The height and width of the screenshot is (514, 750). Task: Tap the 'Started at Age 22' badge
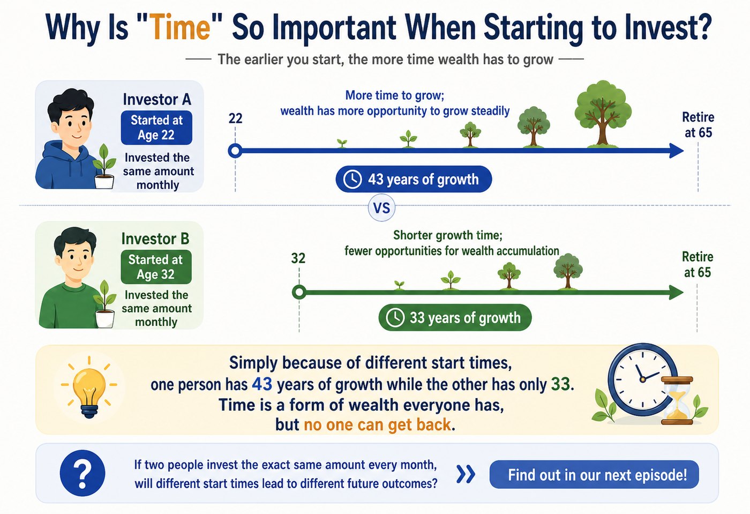pyautogui.click(x=156, y=128)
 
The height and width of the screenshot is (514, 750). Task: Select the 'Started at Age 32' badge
pyautogui.click(x=156, y=267)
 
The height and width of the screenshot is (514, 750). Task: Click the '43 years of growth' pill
pyautogui.click(x=414, y=179)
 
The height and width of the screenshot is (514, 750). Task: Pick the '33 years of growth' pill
pyautogui.click(x=455, y=317)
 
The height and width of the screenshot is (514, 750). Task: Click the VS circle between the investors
pyautogui.click(x=381, y=208)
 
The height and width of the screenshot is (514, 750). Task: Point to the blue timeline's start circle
pyautogui.click(x=235, y=151)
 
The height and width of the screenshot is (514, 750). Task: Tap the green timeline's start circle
pyautogui.click(x=299, y=292)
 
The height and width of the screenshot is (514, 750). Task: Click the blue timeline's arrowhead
pyautogui.click(x=676, y=151)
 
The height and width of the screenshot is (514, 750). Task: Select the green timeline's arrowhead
pyautogui.click(x=676, y=293)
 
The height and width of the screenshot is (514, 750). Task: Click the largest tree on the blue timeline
pyautogui.click(x=603, y=114)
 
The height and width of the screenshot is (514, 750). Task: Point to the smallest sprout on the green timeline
pyautogui.click(x=399, y=285)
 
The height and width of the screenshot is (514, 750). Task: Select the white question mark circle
pyautogui.click(x=82, y=473)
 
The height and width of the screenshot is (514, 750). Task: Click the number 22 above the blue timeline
pyautogui.click(x=235, y=118)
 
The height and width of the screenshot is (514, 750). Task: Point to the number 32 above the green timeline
pyautogui.click(x=298, y=258)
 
